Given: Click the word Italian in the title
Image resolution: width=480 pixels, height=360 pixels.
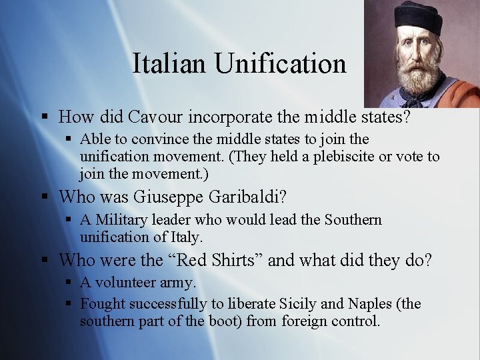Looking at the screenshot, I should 169,64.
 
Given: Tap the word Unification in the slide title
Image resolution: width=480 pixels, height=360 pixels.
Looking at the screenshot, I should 281,64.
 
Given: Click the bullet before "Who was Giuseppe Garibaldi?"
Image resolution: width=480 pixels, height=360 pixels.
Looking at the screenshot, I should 44,198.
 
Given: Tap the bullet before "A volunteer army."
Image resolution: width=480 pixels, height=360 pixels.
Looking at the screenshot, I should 68,283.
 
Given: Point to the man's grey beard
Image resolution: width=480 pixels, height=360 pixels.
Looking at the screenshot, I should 419,79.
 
